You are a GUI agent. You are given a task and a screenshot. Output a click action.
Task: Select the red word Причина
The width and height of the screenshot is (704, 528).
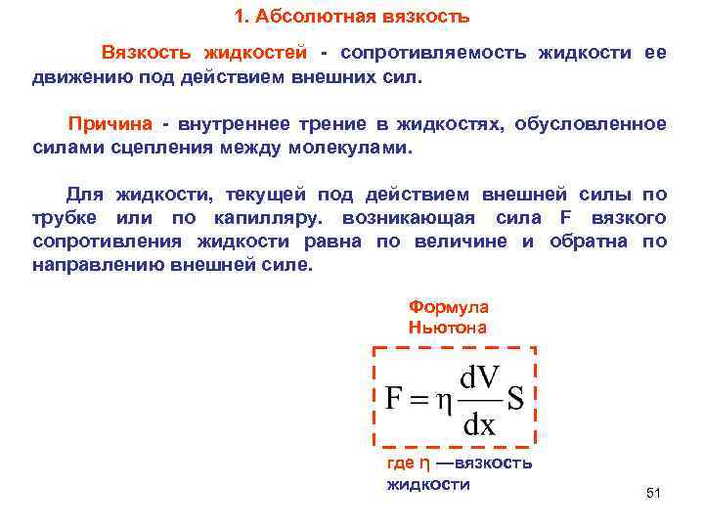110,125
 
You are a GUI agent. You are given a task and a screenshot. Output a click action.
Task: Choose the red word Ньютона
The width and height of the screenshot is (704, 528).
447,328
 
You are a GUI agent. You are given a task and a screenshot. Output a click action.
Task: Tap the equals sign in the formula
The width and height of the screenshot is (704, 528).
418,401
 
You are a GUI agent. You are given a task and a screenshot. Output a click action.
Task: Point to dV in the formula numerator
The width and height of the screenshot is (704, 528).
480,377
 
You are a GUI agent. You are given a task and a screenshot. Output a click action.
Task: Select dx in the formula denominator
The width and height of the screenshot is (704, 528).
479,425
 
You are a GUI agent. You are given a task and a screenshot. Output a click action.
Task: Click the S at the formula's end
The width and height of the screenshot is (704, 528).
515,400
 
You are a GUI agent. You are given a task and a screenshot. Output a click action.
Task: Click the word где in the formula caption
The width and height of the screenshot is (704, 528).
401,462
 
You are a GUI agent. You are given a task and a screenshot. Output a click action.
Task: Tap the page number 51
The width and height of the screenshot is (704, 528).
654,494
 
